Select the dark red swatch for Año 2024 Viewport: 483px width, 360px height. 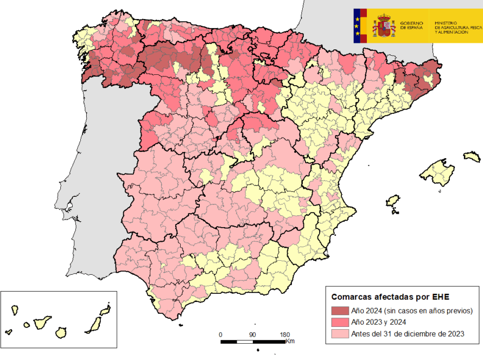click(340, 311)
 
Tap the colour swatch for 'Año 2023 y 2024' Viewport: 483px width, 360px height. click(340, 322)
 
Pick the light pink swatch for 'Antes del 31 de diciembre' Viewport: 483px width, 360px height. click(340, 333)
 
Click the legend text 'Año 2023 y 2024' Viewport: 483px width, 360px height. click(379, 322)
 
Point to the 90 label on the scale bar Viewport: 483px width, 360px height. click(252, 335)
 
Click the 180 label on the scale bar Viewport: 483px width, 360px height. click(284, 335)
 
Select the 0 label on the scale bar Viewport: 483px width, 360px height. click(220, 335)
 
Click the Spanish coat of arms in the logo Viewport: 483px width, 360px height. click(384, 26)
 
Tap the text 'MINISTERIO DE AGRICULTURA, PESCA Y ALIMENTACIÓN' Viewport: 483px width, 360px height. click(457, 28)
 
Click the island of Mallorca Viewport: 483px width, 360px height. click(436, 172)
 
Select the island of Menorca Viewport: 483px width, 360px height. click(472, 157)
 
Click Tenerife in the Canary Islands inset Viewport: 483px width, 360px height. click(42, 322)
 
